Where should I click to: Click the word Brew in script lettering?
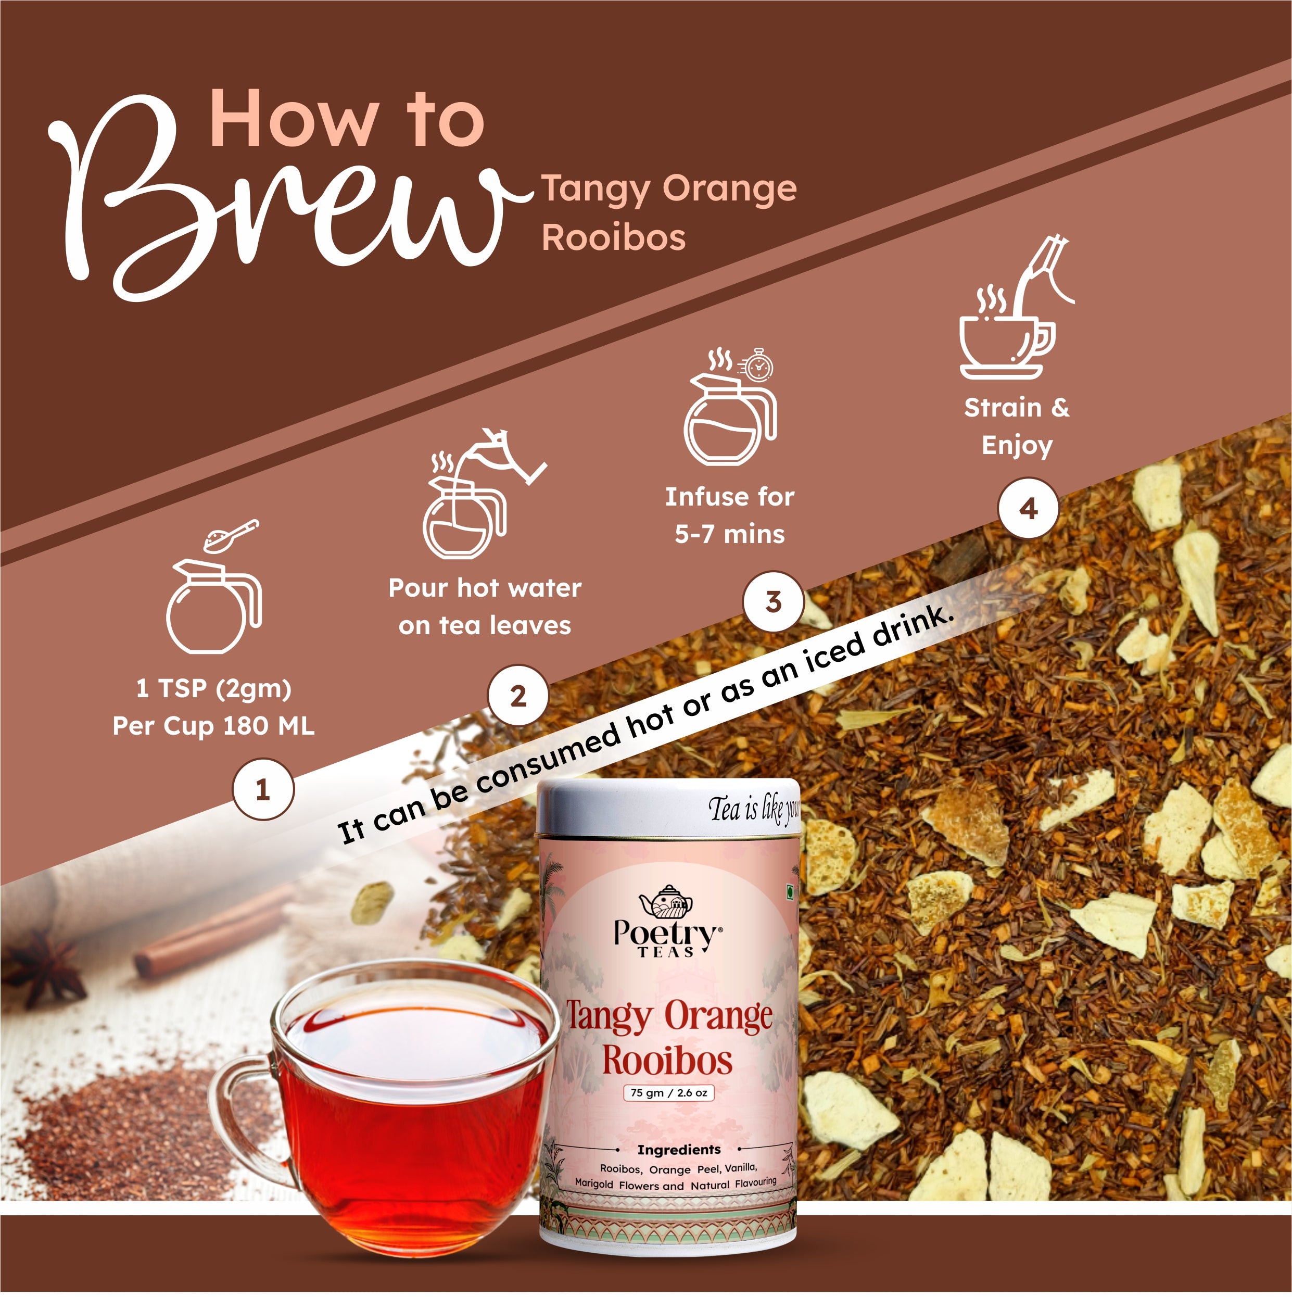click(282, 202)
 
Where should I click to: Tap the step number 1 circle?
click(263, 789)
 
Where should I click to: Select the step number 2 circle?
click(518, 696)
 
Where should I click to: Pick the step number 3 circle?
click(773, 601)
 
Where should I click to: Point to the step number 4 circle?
click(1028, 508)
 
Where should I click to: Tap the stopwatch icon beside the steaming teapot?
click(758, 367)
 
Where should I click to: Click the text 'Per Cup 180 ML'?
click(213, 726)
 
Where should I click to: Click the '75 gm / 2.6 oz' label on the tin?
click(668, 1093)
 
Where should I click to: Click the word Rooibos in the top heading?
click(613, 237)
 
